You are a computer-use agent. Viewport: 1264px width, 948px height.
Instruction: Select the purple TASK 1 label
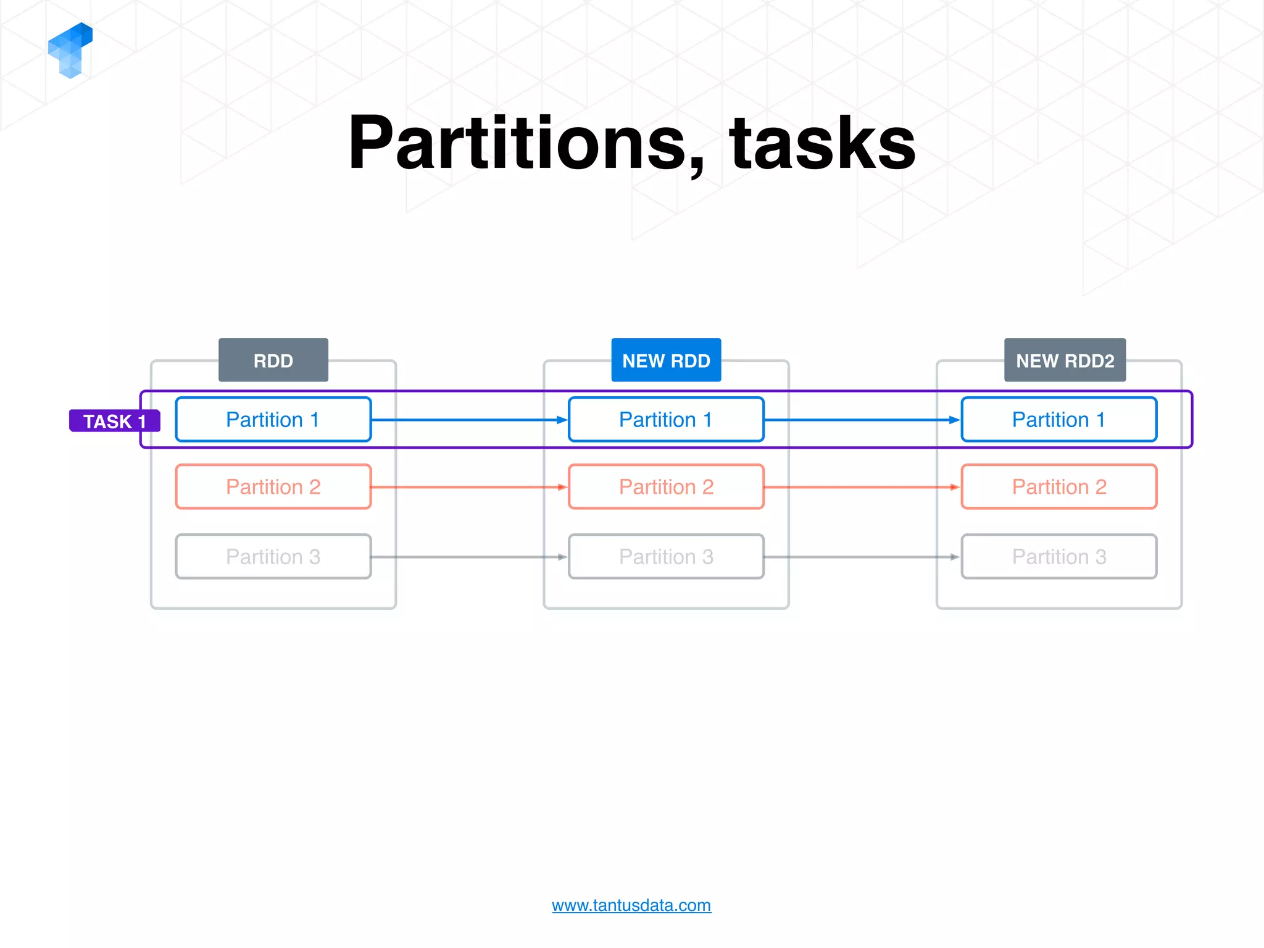click(114, 421)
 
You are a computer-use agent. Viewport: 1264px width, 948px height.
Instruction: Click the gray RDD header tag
click(273, 360)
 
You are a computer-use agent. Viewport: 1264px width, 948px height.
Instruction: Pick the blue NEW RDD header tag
click(666, 360)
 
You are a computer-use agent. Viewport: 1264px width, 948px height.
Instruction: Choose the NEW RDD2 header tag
click(1065, 360)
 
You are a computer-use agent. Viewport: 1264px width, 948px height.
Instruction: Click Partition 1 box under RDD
click(273, 420)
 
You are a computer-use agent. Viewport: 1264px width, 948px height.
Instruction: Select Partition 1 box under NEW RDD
click(666, 420)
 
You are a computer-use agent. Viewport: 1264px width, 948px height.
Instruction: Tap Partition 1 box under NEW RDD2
click(1058, 420)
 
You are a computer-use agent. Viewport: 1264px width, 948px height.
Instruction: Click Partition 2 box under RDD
click(273, 487)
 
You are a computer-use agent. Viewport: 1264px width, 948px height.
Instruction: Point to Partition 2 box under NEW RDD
click(666, 487)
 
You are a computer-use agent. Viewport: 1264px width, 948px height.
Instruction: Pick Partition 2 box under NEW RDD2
click(1058, 487)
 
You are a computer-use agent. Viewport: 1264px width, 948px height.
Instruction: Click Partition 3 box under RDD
click(273, 557)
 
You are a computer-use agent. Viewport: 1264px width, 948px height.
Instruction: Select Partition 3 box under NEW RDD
click(666, 557)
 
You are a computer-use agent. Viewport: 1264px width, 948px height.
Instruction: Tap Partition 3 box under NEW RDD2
click(1058, 557)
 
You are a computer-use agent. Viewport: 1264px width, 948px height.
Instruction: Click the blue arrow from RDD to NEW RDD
click(469, 420)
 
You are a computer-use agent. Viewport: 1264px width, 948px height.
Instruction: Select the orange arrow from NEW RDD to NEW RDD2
click(862, 487)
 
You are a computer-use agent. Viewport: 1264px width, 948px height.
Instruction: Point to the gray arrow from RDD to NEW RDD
click(469, 557)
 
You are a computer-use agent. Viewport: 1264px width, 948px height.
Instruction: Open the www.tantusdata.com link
click(631, 905)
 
